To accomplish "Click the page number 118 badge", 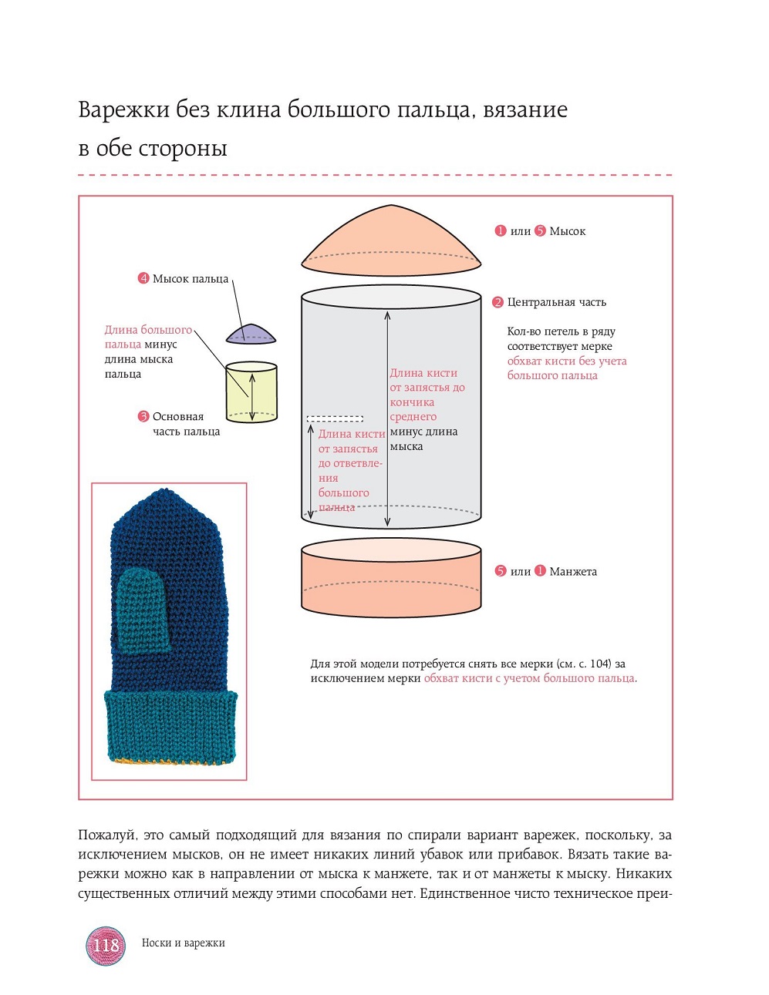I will click(106, 945).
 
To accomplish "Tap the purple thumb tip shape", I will click(251, 334).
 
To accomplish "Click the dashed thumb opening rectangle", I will click(335, 419).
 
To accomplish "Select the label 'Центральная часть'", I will click(556, 302).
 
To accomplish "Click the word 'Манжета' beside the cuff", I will click(573, 572).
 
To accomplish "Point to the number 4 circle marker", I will click(143, 278).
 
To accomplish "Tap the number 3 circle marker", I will click(143, 416).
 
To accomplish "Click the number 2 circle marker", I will click(497, 302).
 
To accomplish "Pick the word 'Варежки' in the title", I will click(123, 110).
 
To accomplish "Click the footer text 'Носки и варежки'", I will click(183, 943).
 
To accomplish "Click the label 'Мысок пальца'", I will click(191, 279).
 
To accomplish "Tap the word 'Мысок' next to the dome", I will click(568, 231).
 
